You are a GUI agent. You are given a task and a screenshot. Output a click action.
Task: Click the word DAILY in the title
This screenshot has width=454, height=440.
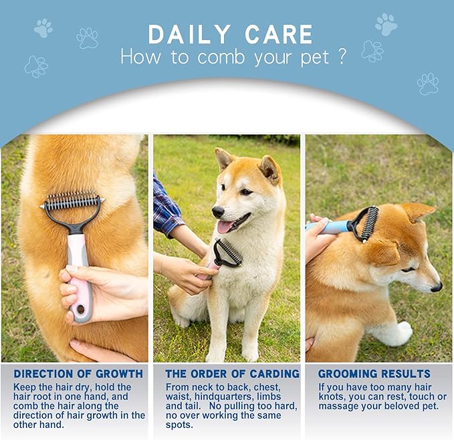point(189,35)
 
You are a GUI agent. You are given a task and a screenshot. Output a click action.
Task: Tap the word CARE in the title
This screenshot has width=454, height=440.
point(279,35)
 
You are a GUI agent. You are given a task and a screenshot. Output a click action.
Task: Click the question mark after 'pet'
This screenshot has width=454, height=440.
point(342,56)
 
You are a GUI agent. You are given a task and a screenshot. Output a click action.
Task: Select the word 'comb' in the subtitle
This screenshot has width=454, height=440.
point(221,57)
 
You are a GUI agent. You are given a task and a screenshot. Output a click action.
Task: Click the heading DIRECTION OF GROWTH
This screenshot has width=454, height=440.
point(78,374)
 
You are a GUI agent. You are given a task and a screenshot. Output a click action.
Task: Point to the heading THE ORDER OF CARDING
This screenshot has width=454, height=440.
point(233,374)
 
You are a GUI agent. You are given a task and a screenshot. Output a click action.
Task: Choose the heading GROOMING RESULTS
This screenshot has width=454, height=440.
point(374,374)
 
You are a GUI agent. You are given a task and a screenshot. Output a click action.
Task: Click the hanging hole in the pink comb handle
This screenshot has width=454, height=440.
point(81,309)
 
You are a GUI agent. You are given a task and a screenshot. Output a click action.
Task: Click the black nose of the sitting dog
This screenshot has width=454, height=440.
point(218,212)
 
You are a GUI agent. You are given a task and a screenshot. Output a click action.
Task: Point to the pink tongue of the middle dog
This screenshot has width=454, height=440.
point(225,227)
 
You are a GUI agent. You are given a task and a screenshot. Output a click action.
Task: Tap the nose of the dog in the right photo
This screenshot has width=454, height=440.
point(437,287)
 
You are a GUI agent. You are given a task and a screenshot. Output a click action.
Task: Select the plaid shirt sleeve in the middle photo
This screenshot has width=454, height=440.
point(166,207)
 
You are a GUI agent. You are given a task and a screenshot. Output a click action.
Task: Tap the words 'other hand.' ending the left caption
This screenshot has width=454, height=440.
point(39,425)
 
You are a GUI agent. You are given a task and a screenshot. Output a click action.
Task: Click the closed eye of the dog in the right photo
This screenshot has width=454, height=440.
point(409,269)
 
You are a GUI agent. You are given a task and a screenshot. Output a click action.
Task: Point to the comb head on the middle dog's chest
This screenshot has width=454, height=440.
point(228,253)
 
